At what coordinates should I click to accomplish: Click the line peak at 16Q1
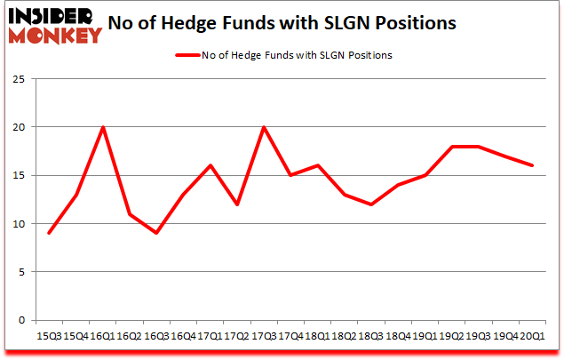(x=103, y=127)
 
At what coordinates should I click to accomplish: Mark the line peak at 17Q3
(x=263, y=127)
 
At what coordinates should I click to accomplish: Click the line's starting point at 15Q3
(x=50, y=233)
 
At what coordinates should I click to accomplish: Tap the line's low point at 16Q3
(x=156, y=233)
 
